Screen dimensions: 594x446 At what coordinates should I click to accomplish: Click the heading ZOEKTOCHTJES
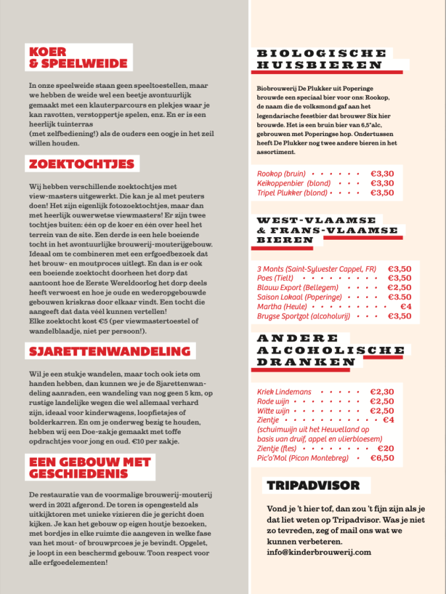81,164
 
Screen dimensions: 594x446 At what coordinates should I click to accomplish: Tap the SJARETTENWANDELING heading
109,351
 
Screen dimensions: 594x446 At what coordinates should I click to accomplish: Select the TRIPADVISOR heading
313,486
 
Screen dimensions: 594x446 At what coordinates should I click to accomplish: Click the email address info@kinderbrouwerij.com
319,552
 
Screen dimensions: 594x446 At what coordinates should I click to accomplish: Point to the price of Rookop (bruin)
382,174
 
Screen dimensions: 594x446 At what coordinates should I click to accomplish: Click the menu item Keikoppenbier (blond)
294,183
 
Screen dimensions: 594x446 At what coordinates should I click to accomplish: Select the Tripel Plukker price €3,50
382,193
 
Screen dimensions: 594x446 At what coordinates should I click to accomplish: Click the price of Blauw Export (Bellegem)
400,287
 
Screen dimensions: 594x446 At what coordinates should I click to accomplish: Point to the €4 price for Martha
406,307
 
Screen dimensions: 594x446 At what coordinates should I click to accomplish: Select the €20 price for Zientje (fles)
385,449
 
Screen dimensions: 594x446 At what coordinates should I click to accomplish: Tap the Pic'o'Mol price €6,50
382,458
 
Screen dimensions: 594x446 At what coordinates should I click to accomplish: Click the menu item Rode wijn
274,401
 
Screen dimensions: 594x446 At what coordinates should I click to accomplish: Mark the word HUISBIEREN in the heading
319,65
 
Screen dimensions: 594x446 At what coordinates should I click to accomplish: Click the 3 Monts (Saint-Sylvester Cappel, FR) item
316,269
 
